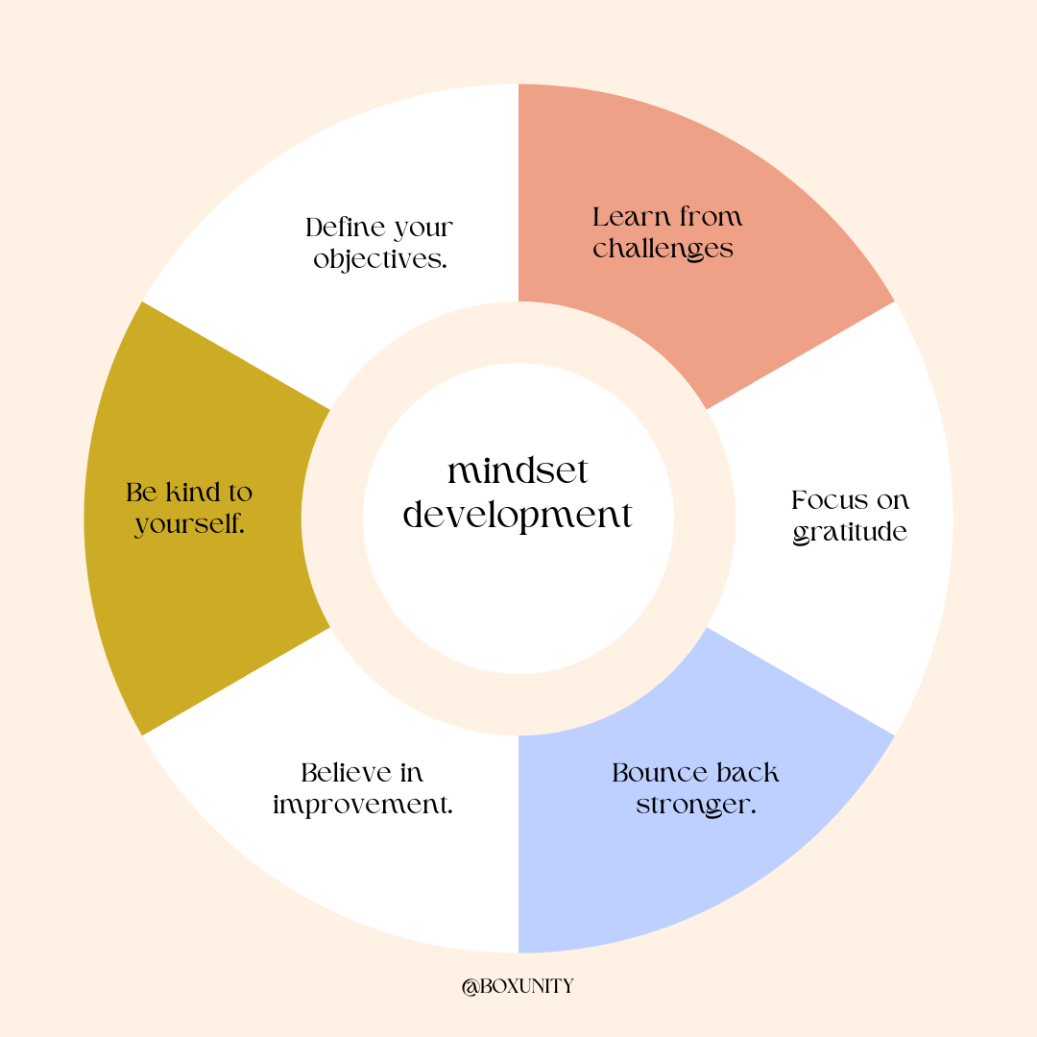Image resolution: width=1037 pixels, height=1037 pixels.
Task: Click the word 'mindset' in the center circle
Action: pos(518,471)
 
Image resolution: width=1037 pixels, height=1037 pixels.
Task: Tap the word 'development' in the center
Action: pos(518,516)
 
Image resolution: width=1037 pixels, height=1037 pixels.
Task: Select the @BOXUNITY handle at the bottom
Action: pos(518,986)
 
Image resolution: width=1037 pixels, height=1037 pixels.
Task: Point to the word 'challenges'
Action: pos(663,249)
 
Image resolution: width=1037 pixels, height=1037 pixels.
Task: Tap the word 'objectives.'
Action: pos(380,260)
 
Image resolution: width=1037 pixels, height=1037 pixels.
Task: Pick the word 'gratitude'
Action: pos(850,532)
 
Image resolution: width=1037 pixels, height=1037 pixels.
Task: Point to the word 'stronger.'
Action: pos(696,805)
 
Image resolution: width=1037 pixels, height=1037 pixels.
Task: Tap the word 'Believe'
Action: pos(345,773)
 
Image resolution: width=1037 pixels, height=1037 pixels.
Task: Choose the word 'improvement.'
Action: pos(363,805)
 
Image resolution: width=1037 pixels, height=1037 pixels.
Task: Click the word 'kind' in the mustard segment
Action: pos(193,493)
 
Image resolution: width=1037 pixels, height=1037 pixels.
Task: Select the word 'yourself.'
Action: pos(190,524)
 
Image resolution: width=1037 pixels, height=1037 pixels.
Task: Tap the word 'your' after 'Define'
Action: pos(422,229)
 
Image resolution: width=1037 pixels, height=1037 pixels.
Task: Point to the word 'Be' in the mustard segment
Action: pos(141,493)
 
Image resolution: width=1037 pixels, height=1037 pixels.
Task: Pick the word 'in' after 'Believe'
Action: pos(412,773)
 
